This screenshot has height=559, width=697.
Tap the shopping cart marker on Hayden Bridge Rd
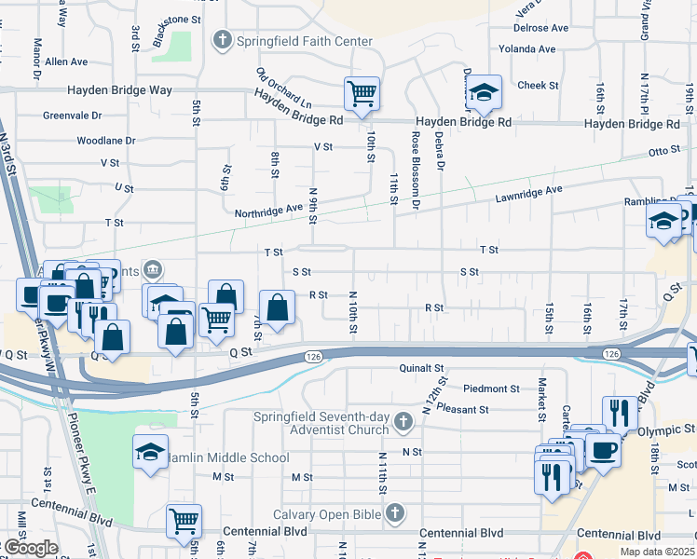(362, 92)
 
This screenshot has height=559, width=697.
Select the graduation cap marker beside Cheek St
(484, 91)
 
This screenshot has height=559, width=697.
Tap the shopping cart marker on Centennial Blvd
(184, 521)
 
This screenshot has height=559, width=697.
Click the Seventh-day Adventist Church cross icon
(403, 422)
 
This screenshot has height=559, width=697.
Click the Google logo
(30, 548)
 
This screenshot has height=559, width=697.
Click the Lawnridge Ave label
(529, 190)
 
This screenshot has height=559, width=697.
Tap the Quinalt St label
(424, 368)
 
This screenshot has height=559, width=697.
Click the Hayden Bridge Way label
(120, 90)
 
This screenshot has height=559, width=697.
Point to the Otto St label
(665, 150)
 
